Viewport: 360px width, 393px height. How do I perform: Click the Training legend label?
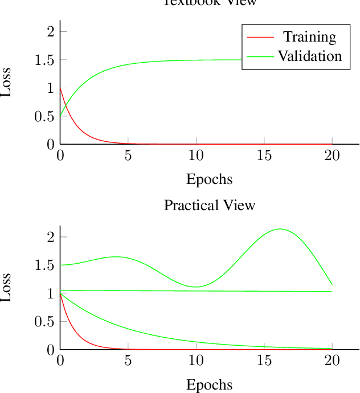click(x=310, y=37)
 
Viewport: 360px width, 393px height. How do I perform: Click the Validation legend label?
click(x=310, y=56)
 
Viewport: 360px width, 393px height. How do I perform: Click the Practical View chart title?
click(x=210, y=205)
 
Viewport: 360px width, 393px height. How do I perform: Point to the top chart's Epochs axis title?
click(x=210, y=179)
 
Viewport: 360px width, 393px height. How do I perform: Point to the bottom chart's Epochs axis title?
click(x=210, y=384)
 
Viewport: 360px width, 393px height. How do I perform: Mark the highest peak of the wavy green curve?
click(x=280, y=229)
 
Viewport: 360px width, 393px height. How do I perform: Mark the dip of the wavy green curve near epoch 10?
click(x=195, y=287)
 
